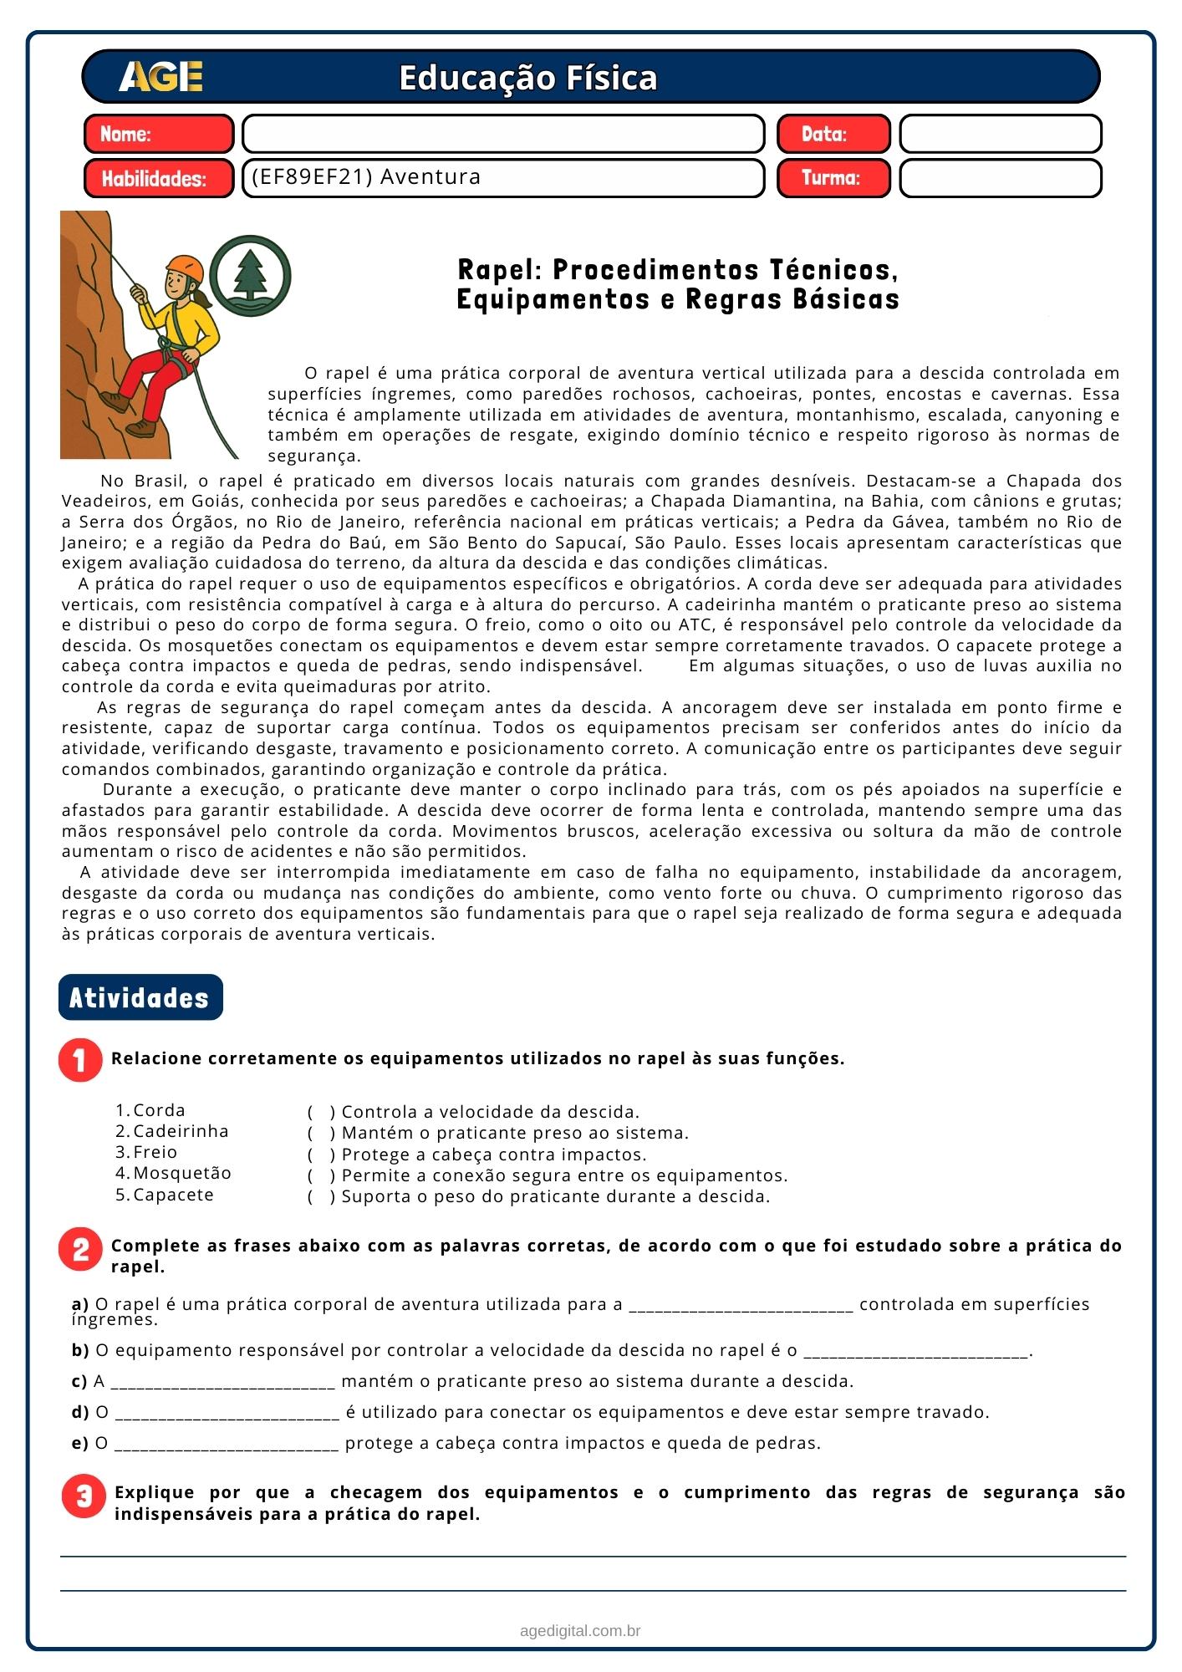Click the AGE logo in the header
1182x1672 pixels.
tap(160, 77)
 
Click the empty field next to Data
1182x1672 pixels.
tap(1000, 134)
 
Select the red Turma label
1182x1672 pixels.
tap(833, 178)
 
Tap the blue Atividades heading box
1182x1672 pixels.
tap(140, 997)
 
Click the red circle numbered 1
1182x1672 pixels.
tap(81, 1059)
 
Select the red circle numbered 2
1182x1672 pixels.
tap(81, 1250)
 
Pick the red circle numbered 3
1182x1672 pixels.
tap(84, 1496)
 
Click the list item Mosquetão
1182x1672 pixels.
tap(181, 1173)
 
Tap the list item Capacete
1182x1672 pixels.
tap(173, 1195)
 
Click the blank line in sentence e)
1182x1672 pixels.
tap(227, 1444)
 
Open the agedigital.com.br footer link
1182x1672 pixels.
tap(580, 1630)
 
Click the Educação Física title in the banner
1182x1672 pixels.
tap(527, 78)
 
